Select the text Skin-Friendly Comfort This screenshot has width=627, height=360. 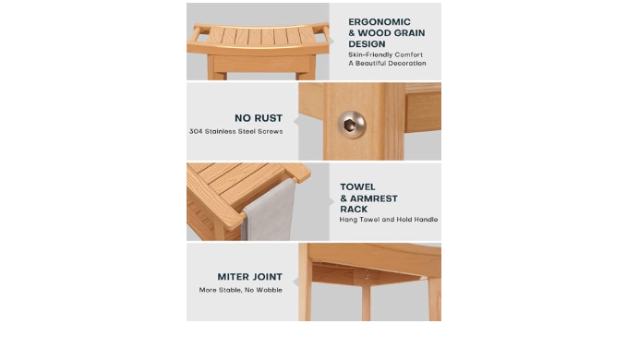385,54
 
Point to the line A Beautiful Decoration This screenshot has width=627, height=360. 387,63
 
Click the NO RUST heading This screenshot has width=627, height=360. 259,118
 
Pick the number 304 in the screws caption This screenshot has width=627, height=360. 196,131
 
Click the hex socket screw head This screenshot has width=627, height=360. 352,125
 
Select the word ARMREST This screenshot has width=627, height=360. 374,198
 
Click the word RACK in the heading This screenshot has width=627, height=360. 354,210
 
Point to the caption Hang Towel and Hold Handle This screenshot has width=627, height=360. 388,220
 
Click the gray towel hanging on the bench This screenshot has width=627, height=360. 269,210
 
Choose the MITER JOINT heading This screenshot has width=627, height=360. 250,277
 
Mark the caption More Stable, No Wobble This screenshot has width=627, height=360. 240,290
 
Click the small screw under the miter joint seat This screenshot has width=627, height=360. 367,277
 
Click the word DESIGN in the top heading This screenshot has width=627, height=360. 367,44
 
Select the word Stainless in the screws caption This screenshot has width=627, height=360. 221,131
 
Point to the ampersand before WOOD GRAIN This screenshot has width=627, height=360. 352,33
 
